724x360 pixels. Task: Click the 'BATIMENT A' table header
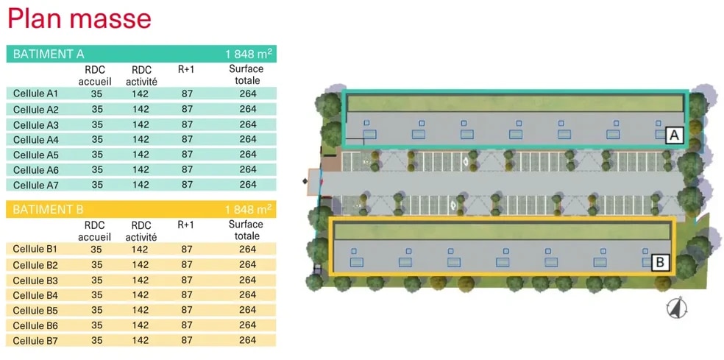pos(49,54)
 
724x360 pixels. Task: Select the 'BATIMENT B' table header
pos(48,210)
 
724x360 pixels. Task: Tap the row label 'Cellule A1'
pos(35,93)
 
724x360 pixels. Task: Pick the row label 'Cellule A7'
pos(35,185)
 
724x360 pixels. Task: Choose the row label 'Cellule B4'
pos(35,295)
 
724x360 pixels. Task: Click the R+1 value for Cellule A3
pos(187,124)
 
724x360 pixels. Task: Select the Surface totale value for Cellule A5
pos(248,155)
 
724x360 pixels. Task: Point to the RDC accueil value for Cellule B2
pos(96,265)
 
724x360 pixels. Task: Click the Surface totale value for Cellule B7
pos(248,340)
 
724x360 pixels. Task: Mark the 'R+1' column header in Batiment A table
pos(186,69)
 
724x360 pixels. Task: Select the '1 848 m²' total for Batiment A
pos(249,54)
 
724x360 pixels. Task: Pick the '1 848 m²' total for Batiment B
pos(249,210)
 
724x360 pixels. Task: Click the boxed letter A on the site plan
pos(674,135)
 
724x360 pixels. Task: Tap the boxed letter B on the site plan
pos(660,261)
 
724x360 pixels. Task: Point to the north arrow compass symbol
pos(677,308)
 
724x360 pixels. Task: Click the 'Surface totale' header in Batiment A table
pos(246,74)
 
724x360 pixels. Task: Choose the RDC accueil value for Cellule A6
pos(96,169)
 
